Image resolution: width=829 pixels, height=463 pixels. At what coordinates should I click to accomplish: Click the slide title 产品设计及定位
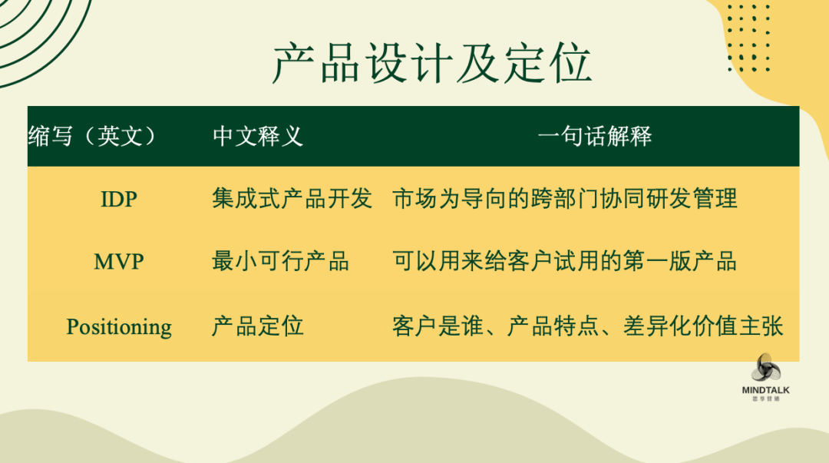click(x=432, y=64)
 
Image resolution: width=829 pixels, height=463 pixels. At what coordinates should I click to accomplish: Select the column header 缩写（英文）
click(x=93, y=136)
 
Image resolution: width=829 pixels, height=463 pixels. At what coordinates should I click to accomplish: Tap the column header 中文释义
click(x=257, y=136)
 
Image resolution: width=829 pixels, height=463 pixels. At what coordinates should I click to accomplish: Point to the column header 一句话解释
click(x=594, y=136)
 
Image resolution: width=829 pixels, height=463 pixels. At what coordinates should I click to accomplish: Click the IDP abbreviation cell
click(x=119, y=199)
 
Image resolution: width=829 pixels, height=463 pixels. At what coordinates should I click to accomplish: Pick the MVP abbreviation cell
click(x=119, y=261)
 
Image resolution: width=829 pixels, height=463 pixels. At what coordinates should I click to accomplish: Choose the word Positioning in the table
click(x=119, y=327)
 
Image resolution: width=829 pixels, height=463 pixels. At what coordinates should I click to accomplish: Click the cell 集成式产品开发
click(x=292, y=198)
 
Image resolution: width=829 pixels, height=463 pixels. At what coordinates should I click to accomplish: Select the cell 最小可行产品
click(x=280, y=261)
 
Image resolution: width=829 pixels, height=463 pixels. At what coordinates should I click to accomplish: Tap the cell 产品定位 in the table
click(x=257, y=326)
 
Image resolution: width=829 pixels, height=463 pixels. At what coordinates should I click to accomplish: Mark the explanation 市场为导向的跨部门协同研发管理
click(x=565, y=198)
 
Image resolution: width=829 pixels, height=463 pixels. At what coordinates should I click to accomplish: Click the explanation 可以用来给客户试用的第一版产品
click(x=565, y=261)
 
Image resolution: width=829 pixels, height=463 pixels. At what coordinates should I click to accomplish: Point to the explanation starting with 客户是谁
click(x=587, y=326)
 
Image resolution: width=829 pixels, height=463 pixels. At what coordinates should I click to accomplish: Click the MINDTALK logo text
click(x=765, y=390)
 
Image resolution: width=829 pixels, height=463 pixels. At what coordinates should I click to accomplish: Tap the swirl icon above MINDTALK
click(x=766, y=367)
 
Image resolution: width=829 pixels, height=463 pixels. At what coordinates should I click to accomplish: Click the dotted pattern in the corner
click(x=748, y=37)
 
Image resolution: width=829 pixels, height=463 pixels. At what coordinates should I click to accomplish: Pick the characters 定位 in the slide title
click(x=547, y=64)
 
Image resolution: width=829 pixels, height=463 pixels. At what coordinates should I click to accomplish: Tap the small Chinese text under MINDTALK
click(x=766, y=399)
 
